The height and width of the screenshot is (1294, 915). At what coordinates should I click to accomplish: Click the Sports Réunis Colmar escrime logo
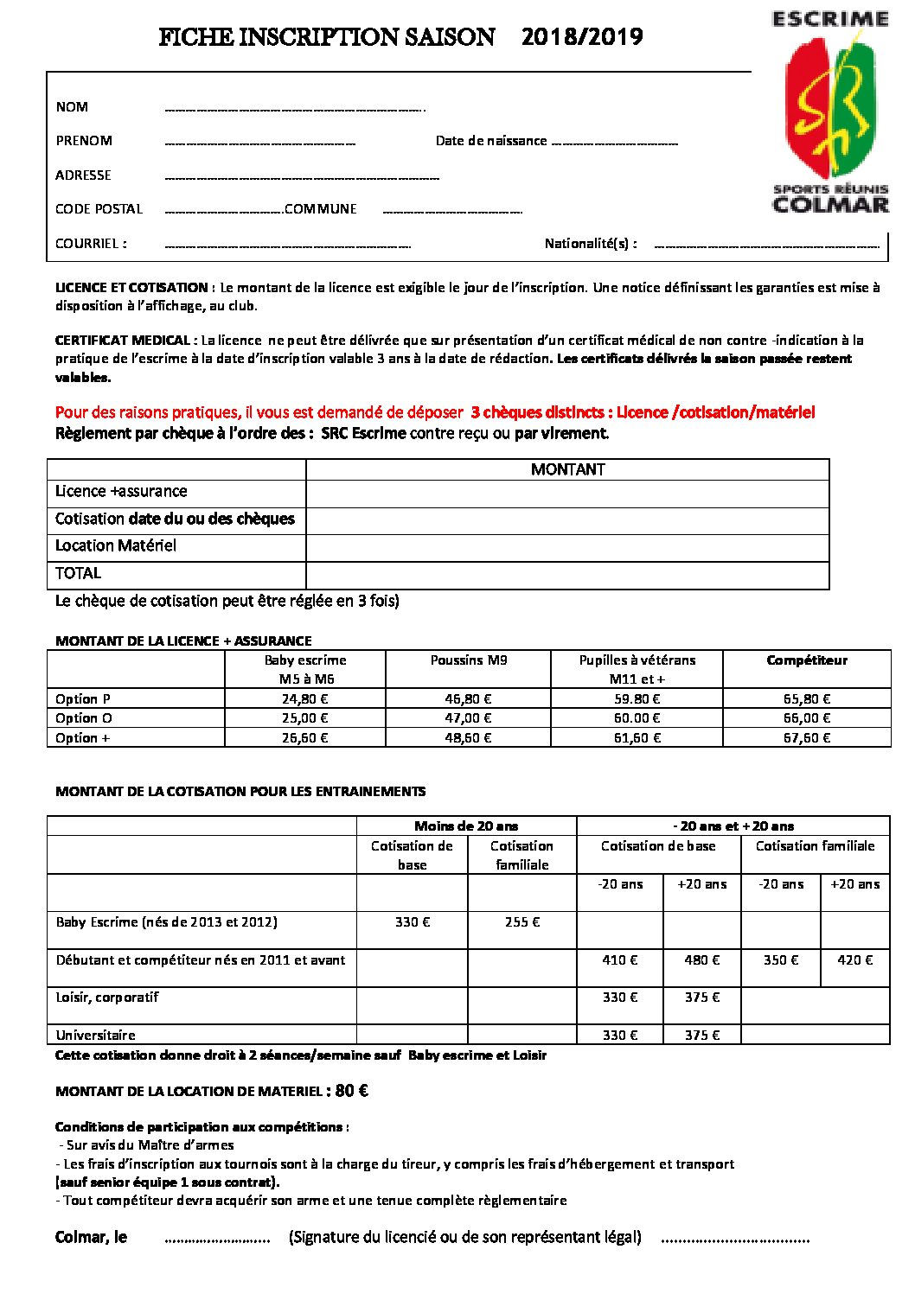tap(830, 112)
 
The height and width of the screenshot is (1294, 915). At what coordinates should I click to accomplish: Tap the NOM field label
tap(72, 107)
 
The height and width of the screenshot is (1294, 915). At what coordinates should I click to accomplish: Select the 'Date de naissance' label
tap(491, 141)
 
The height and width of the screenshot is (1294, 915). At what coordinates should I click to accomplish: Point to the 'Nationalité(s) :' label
tap(591, 244)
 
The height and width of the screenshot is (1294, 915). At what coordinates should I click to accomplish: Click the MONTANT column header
tap(567, 469)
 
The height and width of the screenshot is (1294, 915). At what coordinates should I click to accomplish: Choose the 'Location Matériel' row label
tap(116, 545)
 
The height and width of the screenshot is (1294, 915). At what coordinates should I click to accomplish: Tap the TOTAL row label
tap(78, 573)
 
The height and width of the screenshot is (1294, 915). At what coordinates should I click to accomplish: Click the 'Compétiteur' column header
tap(806, 660)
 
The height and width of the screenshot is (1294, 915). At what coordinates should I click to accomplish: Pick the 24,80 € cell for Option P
tap(304, 699)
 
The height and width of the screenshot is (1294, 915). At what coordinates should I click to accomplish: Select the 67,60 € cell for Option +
tap(806, 738)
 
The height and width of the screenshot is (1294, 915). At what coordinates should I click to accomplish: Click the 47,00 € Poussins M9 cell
tap(468, 718)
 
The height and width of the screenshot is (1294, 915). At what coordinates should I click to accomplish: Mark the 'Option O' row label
tap(84, 718)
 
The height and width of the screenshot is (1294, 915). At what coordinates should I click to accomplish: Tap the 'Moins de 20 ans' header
tap(466, 826)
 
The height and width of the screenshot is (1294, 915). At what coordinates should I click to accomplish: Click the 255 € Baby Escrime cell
tap(522, 922)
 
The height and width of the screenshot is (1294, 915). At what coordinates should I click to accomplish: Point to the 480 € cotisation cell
tap(701, 960)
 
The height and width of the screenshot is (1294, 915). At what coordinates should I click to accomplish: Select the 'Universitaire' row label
tap(96, 1036)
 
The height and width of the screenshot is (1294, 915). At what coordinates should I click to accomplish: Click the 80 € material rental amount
tap(352, 1091)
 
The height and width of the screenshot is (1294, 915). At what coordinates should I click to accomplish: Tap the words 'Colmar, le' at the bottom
tap(91, 1238)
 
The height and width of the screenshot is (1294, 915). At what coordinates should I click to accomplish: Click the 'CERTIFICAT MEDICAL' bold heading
tap(123, 341)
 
